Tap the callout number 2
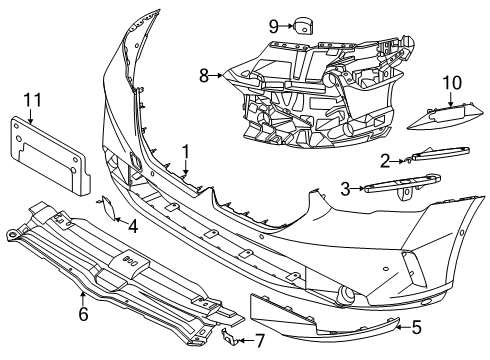(385, 160)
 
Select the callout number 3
(344, 186)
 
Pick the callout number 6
(83, 314)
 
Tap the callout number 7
(260, 340)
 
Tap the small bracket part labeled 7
(230, 335)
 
